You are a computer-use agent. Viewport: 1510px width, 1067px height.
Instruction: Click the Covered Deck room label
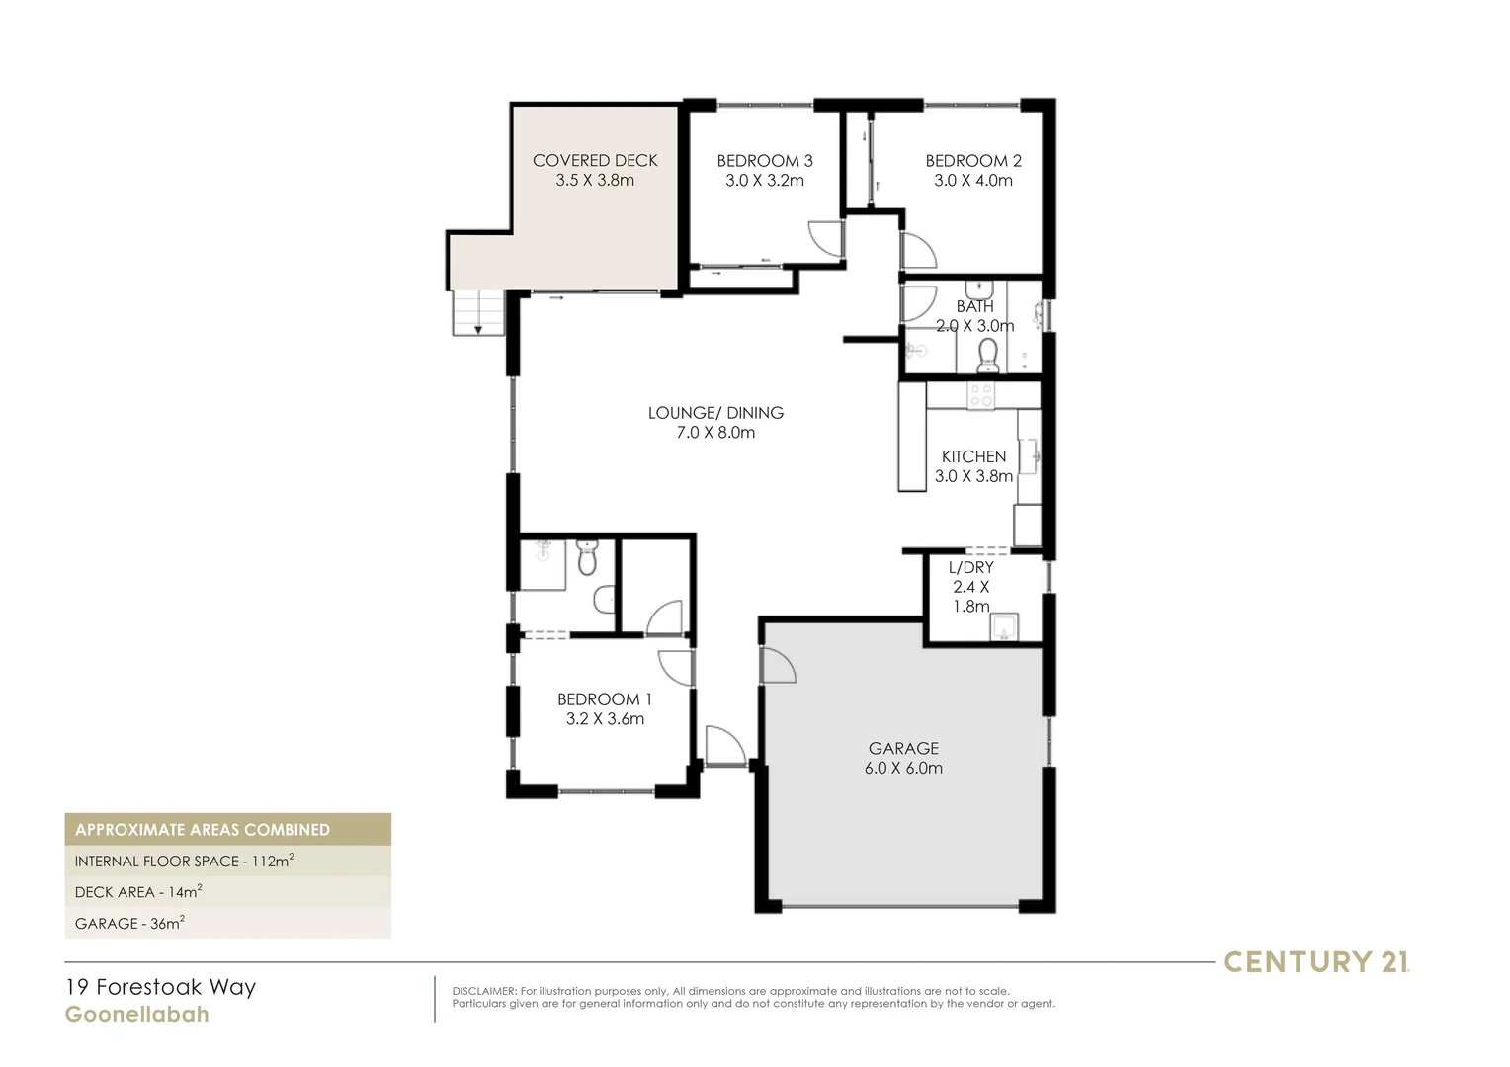pos(594,160)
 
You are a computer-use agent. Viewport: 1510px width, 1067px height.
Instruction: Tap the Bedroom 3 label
pos(764,160)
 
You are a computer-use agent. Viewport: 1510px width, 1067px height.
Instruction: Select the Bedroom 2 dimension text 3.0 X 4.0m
pos(972,181)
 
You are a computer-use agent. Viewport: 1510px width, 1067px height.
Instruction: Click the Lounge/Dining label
pos(715,413)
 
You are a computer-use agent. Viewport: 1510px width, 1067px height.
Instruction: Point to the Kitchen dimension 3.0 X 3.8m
pos(973,476)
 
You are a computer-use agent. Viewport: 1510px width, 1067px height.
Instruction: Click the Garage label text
pos(903,748)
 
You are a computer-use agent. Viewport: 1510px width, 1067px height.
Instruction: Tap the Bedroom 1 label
pos(604,699)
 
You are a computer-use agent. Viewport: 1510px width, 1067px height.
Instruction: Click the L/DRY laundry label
pos(970,567)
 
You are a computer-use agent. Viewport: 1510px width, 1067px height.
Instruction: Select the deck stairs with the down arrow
pos(478,313)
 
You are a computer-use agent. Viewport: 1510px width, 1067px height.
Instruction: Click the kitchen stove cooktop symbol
pos(980,395)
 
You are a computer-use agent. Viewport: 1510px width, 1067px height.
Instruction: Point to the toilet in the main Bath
pos(988,356)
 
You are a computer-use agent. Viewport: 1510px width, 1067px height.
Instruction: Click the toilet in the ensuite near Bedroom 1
pos(587,559)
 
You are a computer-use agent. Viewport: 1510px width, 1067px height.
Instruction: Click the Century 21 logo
pos(1316,961)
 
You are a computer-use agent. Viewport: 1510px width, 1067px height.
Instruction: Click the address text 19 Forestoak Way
pos(160,987)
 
